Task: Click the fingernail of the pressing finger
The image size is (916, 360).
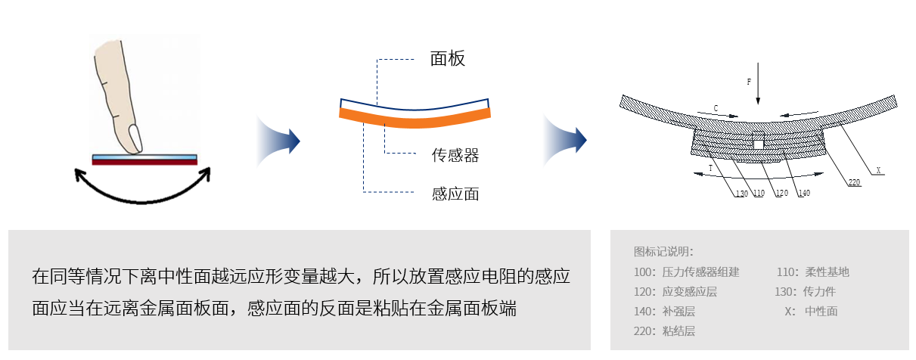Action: coord(135,138)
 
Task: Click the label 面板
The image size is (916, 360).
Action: coord(447,59)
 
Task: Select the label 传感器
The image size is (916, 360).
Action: coord(455,156)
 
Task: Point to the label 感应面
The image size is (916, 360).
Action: coord(455,194)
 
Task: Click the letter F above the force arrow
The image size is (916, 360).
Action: coord(749,81)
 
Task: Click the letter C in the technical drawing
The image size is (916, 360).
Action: coord(716,109)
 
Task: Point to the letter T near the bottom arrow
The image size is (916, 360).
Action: coord(710,167)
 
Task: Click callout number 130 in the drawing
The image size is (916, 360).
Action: coord(741,194)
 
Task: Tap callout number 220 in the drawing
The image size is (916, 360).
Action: coord(853,183)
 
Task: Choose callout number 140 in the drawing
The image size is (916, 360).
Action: coord(803,194)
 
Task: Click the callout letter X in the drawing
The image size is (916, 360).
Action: coord(878,172)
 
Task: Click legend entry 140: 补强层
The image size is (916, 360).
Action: coord(675,311)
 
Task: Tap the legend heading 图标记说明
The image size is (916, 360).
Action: coord(663,252)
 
